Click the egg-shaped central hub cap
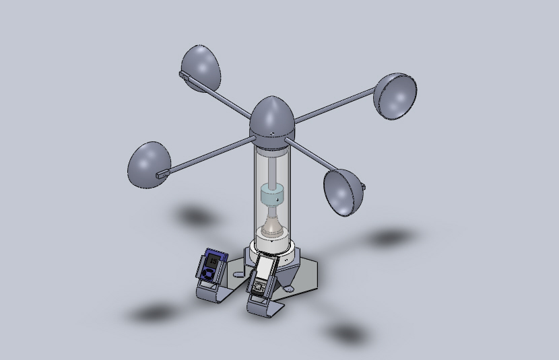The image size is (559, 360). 272,118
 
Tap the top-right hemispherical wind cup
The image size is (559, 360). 395,96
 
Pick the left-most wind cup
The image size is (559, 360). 148,164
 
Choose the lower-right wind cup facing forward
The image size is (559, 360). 343,192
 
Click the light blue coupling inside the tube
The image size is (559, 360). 273,198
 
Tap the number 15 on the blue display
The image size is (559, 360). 214,260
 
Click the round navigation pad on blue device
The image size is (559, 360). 209,274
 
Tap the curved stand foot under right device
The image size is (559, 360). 265,310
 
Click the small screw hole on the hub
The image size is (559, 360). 271,134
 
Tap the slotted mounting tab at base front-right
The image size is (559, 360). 290,288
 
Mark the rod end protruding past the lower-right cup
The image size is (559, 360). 363,186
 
